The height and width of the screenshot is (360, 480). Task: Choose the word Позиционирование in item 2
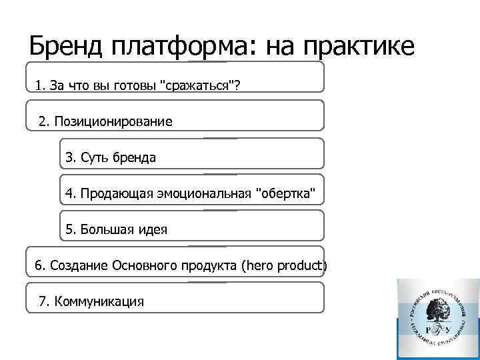113,122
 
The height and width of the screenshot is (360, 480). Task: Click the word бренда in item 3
133,158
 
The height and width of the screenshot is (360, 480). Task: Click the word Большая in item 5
103,230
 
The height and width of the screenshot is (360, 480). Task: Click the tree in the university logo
439,309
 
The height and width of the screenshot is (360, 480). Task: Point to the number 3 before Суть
69,158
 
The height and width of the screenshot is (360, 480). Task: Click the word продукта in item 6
205,267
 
